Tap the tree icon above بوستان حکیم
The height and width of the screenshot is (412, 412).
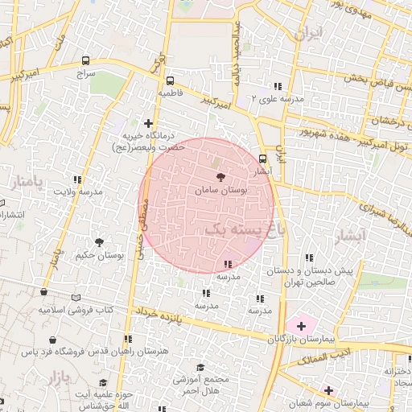click(x=99, y=241)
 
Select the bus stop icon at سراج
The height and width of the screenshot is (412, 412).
click(x=86, y=60)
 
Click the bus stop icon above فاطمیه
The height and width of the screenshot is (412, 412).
click(x=170, y=80)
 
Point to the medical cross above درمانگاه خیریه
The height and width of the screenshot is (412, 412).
click(x=148, y=123)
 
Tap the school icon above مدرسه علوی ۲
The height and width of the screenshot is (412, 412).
click(x=278, y=85)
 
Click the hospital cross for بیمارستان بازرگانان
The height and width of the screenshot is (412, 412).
click(x=301, y=326)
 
